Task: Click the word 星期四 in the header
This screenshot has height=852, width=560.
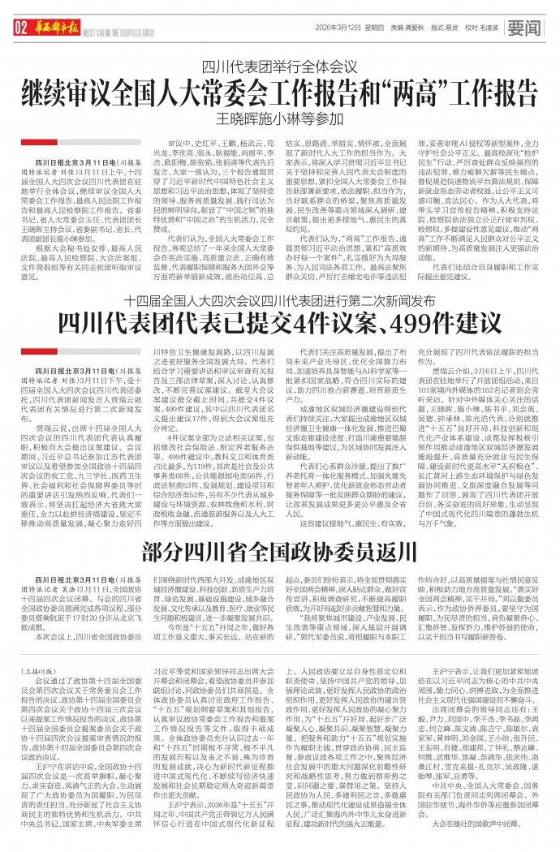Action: click(x=376, y=27)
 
